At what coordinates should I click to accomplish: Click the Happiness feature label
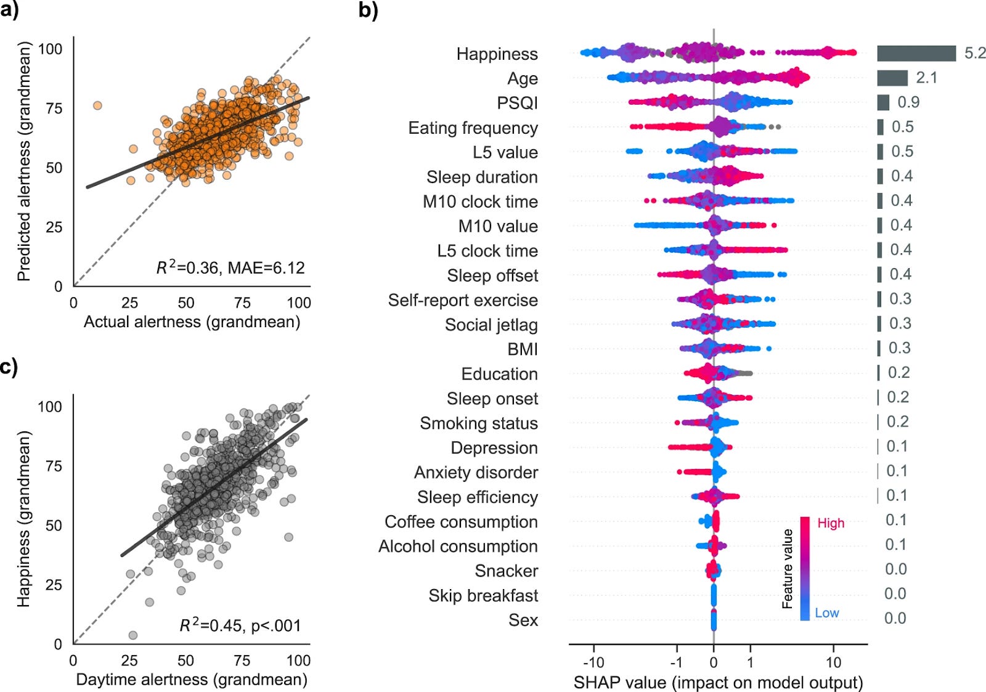[x=497, y=54]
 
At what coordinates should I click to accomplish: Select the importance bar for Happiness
[x=916, y=54]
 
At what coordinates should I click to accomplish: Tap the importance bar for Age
[x=892, y=78]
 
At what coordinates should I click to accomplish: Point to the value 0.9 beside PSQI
[x=908, y=102]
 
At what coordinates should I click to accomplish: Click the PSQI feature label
[x=517, y=103]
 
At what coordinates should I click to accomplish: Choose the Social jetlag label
[x=491, y=325]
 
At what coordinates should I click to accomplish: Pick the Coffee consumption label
[x=461, y=522]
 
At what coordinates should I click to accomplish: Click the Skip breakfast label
[x=483, y=596]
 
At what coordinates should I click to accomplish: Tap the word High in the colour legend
[x=831, y=523]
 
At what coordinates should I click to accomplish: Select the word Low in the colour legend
[x=827, y=613]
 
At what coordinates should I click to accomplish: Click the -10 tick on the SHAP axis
[x=593, y=662]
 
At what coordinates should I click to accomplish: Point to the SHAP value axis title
[x=718, y=682]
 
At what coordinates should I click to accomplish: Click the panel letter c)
[x=9, y=367]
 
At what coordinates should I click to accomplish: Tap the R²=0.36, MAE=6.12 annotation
[x=230, y=268]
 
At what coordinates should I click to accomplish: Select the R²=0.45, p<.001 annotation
[x=240, y=625]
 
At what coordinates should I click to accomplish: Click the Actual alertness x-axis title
[x=192, y=322]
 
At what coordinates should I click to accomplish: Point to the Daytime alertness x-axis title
[x=192, y=679]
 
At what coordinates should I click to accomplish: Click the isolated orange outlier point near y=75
[x=97, y=105]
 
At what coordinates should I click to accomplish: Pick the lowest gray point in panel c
[x=132, y=635]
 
